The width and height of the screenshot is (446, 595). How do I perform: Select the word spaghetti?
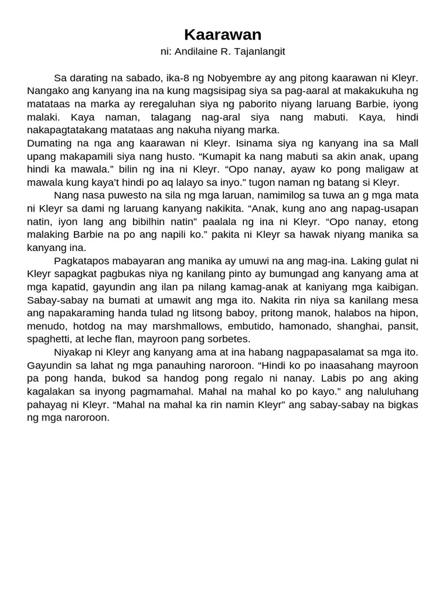51,339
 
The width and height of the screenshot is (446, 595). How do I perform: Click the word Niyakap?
73,352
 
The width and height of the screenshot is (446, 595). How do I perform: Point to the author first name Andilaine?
197,52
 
